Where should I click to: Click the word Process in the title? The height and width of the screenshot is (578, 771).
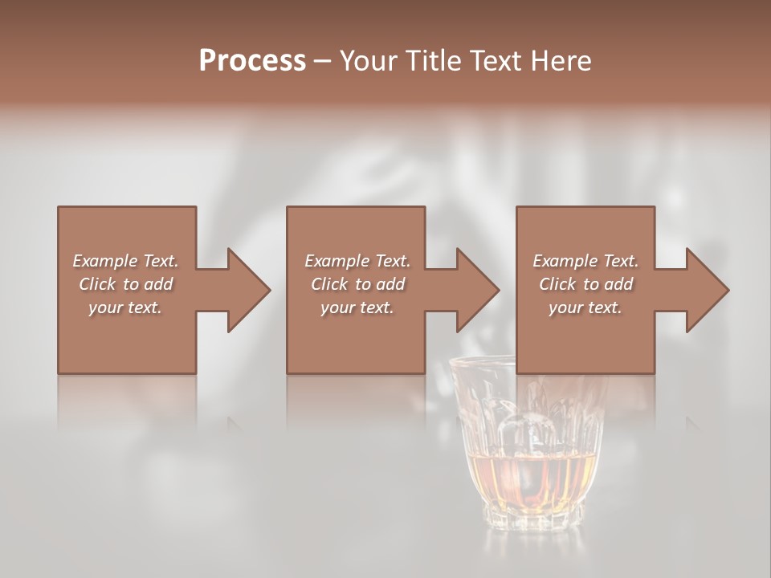pyautogui.click(x=252, y=61)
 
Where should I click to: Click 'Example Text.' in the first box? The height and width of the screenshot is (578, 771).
pyautogui.click(x=125, y=261)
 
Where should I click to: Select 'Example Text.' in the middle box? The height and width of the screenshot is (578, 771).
pyautogui.click(x=357, y=261)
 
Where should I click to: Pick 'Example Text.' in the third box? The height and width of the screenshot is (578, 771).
pyautogui.click(x=585, y=261)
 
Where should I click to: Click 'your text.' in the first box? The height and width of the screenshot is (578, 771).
pyautogui.click(x=125, y=307)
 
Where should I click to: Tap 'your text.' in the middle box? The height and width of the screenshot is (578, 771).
pyautogui.click(x=357, y=307)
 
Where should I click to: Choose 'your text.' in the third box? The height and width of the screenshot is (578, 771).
pyautogui.click(x=585, y=307)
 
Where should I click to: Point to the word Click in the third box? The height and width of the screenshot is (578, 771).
pyautogui.click(x=558, y=284)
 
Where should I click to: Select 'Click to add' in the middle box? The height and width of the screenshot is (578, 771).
pyautogui.click(x=357, y=284)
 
